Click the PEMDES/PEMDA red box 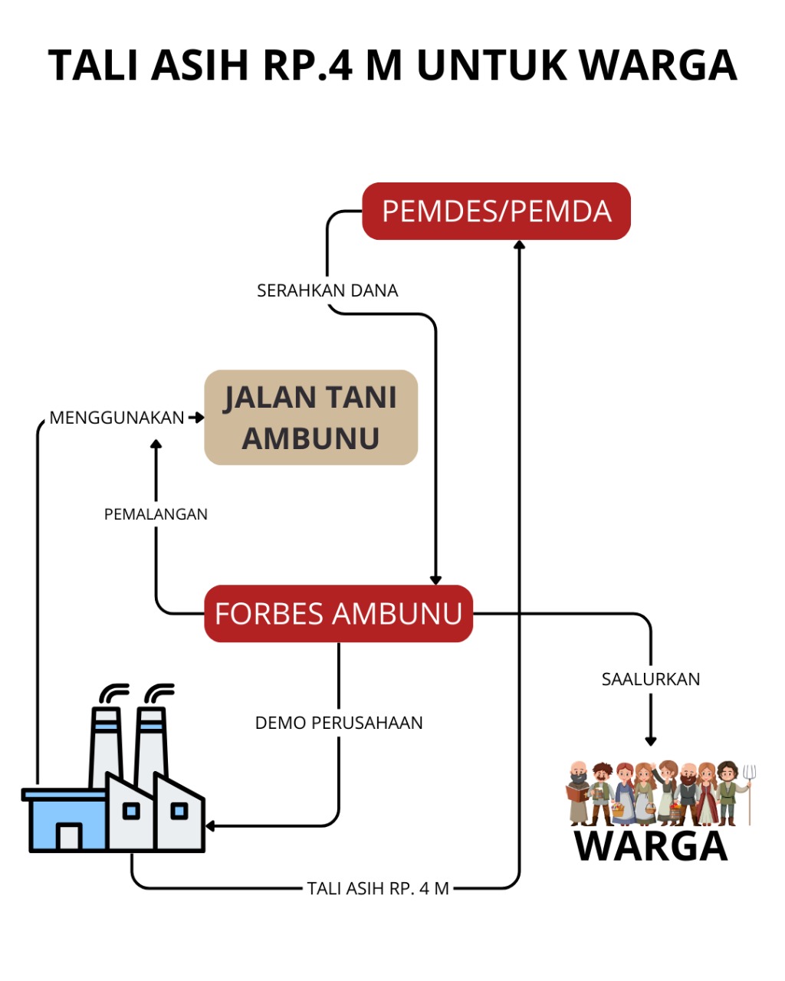(x=496, y=212)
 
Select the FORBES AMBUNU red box (x=338, y=614)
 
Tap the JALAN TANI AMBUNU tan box (x=310, y=418)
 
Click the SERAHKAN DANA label (x=327, y=291)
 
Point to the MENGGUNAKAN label (x=117, y=418)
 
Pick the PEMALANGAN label (x=156, y=514)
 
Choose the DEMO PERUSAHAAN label (x=339, y=723)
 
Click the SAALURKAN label (x=651, y=679)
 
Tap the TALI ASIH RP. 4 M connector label (x=378, y=888)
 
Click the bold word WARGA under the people (x=651, y=845)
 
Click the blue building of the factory (x=67, y=820)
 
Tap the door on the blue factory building (x=70, y=835)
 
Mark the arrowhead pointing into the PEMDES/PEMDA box (x=520, y=244)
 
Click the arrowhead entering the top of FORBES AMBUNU (x=435, y=579)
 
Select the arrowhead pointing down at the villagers (x=651, y=741)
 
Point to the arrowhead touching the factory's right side (x=210, y=826)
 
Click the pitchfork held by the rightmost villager (x=751, y=789)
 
